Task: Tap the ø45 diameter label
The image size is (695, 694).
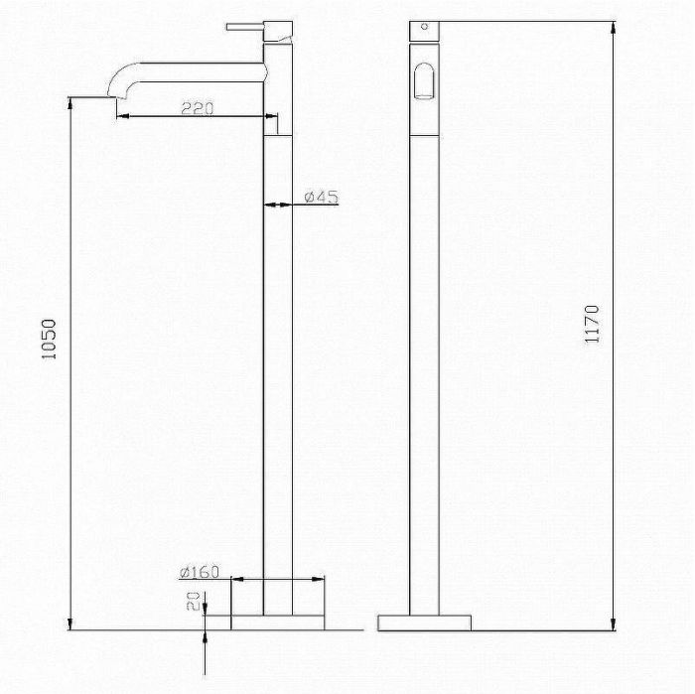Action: click(x=322, y=197)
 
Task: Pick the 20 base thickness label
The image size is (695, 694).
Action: click(x=195, y=602)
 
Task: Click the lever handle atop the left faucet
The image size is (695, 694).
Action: click(x=247, y=25)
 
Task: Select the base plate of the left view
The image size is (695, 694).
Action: click(x=278, y=621)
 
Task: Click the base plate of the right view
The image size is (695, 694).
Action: click(x=425, y=621)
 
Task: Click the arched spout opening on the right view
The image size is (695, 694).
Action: click(x=424, y=81)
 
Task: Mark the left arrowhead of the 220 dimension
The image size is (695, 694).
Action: click(x=120, y=117)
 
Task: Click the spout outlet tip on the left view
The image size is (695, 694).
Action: click(x=111, y=96)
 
